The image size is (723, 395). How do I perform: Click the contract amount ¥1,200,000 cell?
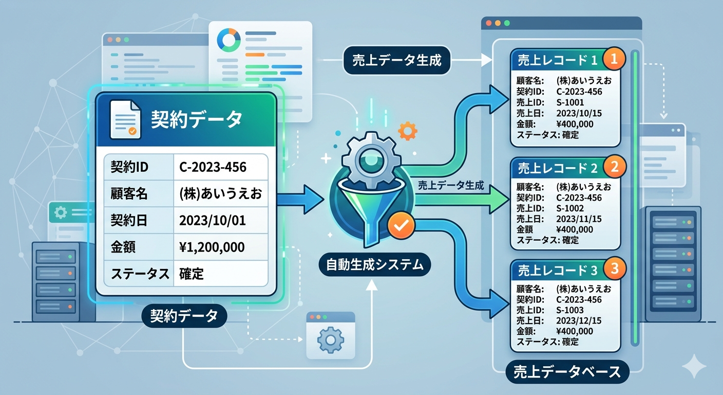point(212,247)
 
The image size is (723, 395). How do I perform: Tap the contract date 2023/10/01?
point(212,221)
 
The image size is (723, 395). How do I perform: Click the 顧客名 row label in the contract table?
point(129,194)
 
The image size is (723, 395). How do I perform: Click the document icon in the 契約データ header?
point(125,119)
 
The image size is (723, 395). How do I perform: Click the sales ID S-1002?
point(570,208)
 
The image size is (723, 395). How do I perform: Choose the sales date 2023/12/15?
point(579,320)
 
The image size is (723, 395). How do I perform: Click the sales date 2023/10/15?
point(579,113)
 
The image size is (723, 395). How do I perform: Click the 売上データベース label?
point(568,371)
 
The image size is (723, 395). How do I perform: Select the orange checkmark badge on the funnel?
point(399,225)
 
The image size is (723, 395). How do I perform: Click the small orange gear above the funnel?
point(407,131)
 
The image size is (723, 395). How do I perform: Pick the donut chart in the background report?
point(229,39)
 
